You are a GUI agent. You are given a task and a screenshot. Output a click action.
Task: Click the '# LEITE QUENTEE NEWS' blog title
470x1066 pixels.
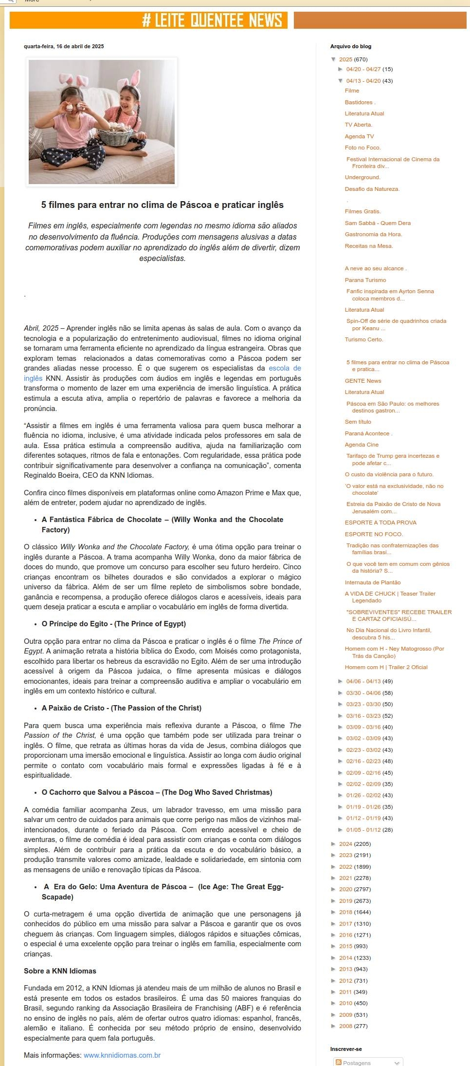coord(212,20)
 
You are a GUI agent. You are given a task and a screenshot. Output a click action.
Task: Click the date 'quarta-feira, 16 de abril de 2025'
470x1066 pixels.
coord(64,47)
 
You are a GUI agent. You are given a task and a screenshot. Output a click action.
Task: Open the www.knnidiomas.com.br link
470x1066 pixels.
coord(122,1055)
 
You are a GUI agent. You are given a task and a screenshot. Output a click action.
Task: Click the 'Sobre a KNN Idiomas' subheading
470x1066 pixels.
coord(60,971)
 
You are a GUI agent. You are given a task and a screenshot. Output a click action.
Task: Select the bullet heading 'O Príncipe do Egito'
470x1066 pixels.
coord(114,624)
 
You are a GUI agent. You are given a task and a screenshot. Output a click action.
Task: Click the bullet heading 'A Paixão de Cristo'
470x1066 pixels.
coord(122,708)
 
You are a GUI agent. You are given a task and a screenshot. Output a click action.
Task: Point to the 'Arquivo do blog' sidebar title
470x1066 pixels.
coord(350,47)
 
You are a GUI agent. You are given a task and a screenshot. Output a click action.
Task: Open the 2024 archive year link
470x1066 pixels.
coord(345,844)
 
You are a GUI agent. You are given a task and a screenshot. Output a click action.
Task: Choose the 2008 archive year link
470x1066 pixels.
coord(345,1026)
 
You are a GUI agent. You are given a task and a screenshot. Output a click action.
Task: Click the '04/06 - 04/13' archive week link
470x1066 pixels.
coord(363,681)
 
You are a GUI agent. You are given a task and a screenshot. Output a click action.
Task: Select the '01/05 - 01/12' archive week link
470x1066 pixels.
coord(363,830)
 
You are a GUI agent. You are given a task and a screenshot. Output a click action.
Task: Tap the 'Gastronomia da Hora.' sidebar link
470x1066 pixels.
coord(373,234)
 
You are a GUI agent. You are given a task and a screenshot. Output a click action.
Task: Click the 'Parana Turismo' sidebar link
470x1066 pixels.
coord(365,280)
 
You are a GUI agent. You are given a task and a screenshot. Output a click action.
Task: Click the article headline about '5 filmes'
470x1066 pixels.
coord(163,205)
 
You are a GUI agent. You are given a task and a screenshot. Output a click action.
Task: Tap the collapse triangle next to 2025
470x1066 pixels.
coord(334,59)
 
